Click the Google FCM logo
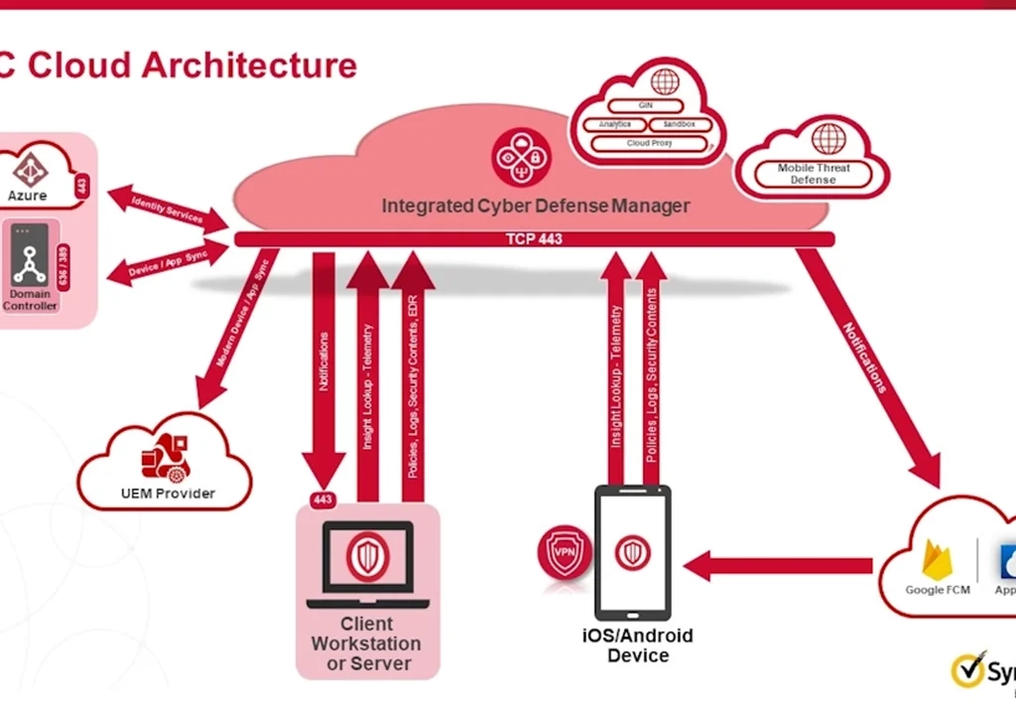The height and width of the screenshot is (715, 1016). [x=938, y=560]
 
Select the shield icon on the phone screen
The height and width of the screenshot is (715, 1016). [x=632, y=552]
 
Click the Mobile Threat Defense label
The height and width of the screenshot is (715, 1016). [x=814, y=174]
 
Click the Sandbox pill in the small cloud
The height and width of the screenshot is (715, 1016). [x=680, y=124]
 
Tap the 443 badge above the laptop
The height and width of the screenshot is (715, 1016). [x=322, y=500]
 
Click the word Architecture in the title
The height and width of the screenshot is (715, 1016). [x=249, y=66]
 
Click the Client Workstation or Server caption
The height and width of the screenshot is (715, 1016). [x=366, y=643]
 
